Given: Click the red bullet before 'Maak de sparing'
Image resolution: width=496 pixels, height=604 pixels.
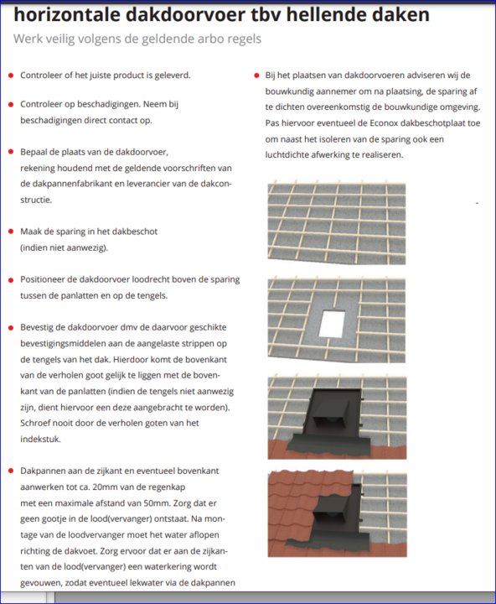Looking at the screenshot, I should tap(11, 232).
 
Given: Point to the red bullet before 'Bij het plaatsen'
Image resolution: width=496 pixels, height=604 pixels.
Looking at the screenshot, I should tap(256, 75).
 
